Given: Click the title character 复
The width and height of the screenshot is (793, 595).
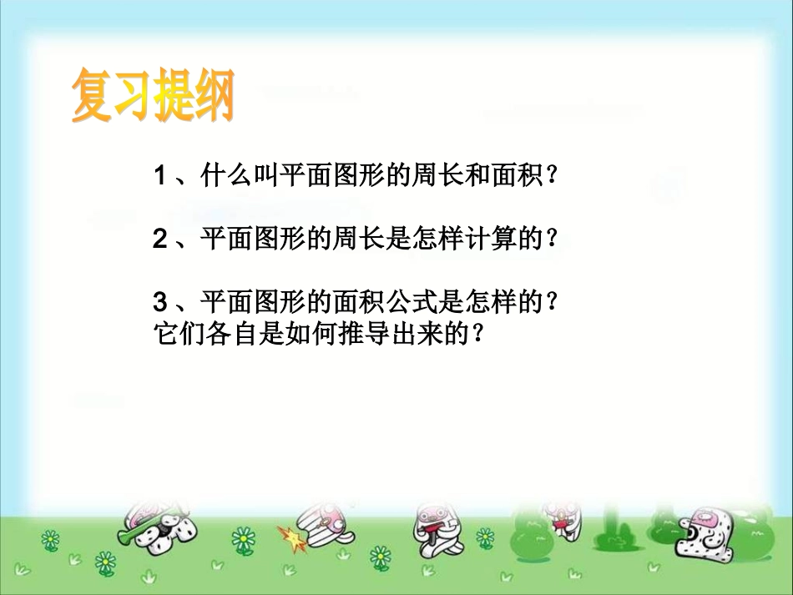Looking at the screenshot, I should [92, 98].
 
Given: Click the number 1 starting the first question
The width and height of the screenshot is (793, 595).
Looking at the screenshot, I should [160, 176].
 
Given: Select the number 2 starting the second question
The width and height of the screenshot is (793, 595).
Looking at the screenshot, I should [160, 240].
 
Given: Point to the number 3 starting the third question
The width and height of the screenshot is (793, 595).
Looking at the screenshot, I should [160, 302].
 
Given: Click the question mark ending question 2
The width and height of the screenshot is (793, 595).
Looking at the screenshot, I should [550, 240].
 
